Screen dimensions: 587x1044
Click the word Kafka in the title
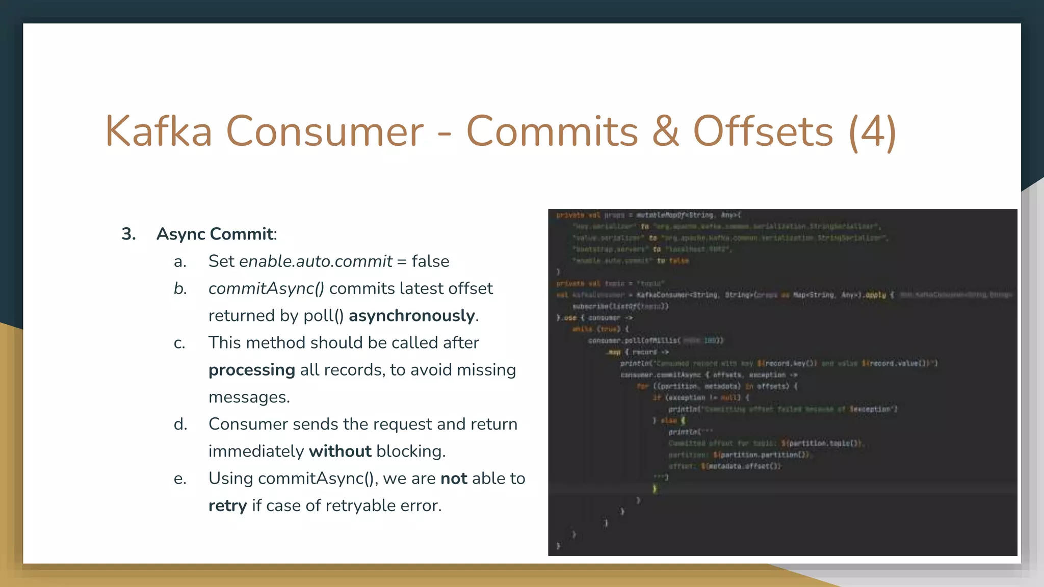click(159, 131)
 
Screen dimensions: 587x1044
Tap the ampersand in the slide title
click(665, 131)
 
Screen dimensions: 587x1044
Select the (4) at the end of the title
click(872, 131)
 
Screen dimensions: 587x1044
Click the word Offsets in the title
click(763, 131)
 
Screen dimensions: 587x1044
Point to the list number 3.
click(128, 234)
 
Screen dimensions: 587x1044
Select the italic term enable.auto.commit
click(316, 261)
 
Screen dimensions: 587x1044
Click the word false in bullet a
click(430, 261)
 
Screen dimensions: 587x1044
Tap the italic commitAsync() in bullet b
click(266, 288)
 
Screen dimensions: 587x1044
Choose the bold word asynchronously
click(412, 315)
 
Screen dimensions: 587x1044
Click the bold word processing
click(252, 369)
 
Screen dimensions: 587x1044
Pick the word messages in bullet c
click(249, 397)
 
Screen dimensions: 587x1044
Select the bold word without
click(340, 451)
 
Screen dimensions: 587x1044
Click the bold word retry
click(227, 505)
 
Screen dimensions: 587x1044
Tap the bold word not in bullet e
click(454, 478)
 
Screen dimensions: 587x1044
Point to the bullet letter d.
click(180, 424)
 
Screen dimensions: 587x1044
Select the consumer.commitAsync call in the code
click(661, 375)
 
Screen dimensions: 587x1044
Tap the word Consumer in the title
click(324, 131)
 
